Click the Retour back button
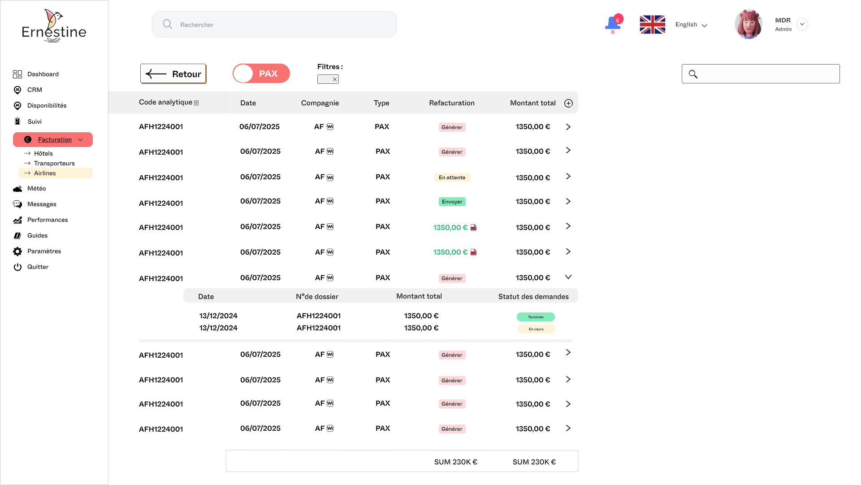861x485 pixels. (173, 74)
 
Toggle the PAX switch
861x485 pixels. (261, 74)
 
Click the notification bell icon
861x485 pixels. (613, 24)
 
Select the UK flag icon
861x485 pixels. (652, 25)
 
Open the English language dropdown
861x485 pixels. (691, 25)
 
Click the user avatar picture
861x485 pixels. (748, 24)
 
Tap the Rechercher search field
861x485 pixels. (274, 25)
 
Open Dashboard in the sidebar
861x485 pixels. (43, 74)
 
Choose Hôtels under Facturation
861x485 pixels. (43, 154)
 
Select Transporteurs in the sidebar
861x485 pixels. (54, 164)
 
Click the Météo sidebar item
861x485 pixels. (36, 189)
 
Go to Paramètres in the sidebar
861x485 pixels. (44, 251)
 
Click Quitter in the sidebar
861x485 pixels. (38, 267)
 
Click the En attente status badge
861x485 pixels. (452, 178)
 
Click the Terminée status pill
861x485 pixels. (536, 317)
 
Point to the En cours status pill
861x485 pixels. (536, 329)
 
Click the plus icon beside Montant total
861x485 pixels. (568, 104)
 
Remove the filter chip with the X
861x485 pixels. (334, 79)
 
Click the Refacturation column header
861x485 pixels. (451, 103)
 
